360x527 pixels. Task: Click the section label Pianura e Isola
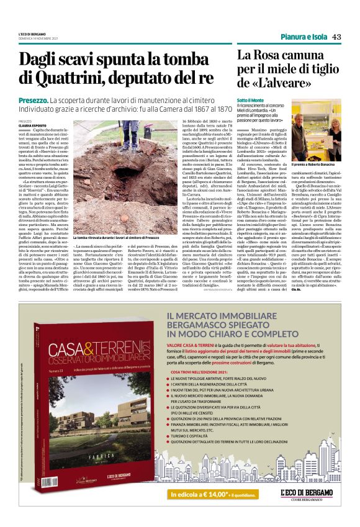pos(302,37)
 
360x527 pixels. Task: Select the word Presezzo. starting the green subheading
pos(34,100)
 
